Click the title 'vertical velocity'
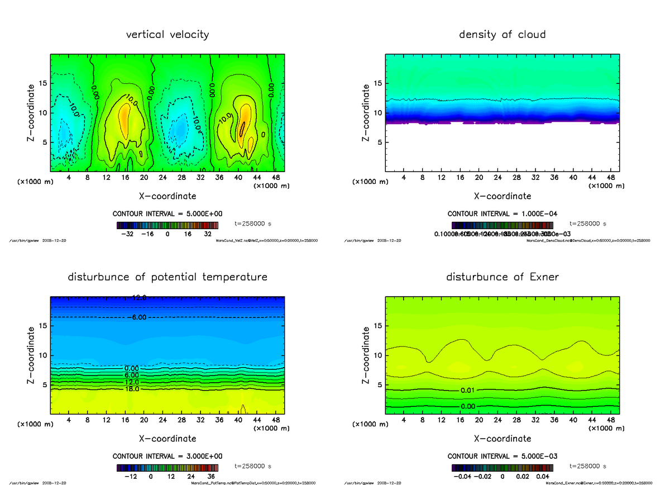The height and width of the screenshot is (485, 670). (x=167, y=35)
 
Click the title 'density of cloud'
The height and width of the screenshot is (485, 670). (x=502, y=35)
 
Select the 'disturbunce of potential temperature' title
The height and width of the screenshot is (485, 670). (x=167, y=277)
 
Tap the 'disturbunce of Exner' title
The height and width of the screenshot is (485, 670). (x=502, y=277)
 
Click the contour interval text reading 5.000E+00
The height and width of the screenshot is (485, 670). (x=167, y=214)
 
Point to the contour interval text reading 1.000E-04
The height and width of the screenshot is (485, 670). (x=502, y=214)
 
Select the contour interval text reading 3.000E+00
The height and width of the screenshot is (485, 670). (x=167, y=457)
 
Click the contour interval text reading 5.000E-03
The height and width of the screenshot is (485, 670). (x=502, y=457)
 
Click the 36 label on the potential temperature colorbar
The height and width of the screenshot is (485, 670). (x=210, y=477)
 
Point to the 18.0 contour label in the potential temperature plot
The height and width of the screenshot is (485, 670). (x=132, y=389)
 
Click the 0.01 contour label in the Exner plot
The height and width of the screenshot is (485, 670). (x=468, y=389)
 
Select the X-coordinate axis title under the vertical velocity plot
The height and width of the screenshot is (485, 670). (x=167, y=196)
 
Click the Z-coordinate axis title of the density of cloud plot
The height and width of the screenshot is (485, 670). (x=366, y=112)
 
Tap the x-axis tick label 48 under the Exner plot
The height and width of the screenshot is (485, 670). (x=611, y=420)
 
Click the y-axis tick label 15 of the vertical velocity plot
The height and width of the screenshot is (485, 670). (x=42, y=83)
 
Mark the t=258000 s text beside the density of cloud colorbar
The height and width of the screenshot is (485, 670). (x=588, y=224)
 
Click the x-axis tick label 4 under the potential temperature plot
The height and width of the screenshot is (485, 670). (x=69, y=420)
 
